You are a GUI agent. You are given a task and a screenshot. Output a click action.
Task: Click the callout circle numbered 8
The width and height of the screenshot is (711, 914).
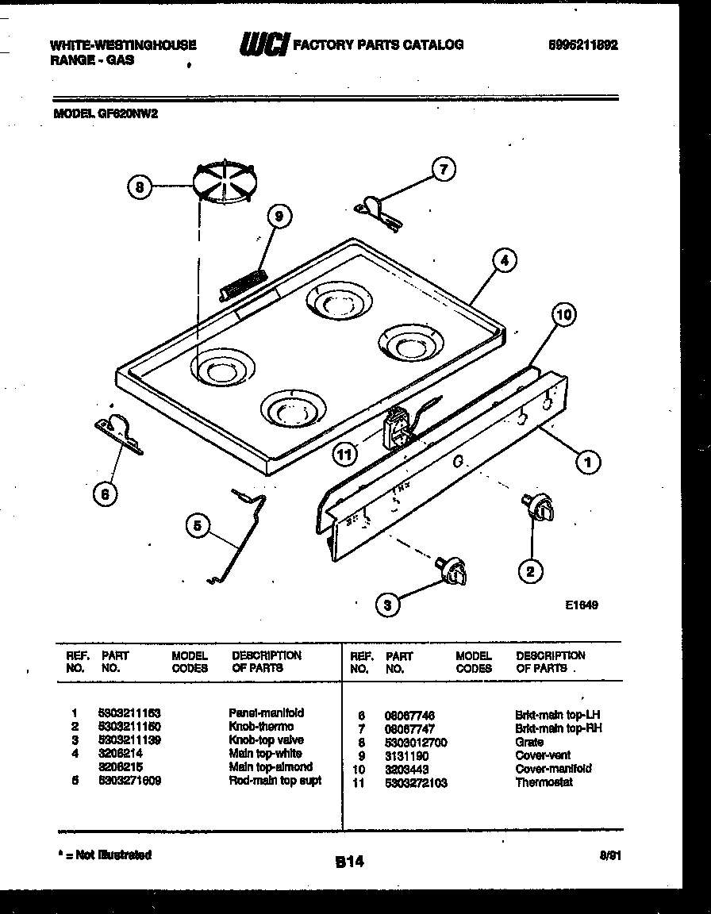pyautogui.click(x=140, y=188)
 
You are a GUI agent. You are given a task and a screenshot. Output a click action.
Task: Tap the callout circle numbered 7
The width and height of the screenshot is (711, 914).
pyautogui.click(x=444, y=168)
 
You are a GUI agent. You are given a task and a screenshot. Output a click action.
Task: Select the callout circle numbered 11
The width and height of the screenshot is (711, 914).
pyautogui.click(x=344, y=455)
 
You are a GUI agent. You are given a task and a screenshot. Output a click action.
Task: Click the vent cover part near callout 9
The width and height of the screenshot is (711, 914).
pyautogui.click(x=242, y=283)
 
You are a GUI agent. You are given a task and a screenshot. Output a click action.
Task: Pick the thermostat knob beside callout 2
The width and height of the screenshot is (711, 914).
pyautogui.click(x=536, y=508)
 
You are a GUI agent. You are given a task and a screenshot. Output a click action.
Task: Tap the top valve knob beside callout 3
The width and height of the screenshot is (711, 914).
pyautogui.click(x=452, y=571)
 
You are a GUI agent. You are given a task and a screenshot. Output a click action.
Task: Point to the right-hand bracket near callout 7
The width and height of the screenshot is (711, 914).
pyautogui.click(x=375, y=208)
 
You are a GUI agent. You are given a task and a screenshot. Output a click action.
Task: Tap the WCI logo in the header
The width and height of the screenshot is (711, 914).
pyautogui.click(x=263, y=45)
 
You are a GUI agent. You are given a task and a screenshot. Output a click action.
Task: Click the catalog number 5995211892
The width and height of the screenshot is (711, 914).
pyautogui.click(x=582, y=45)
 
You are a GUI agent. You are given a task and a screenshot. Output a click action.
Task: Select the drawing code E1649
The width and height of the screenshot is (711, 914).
pyautogui.click(x=582, y=604)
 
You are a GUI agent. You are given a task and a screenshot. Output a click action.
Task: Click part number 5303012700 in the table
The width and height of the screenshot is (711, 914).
pyautogui.click(x=416, y=742)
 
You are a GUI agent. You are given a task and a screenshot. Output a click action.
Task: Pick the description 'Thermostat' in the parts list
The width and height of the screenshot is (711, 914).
pyautogui.click(x=544, y=782)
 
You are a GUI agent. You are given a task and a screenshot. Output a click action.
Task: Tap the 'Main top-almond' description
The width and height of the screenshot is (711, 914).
pyautogui.click(x=271, y=767)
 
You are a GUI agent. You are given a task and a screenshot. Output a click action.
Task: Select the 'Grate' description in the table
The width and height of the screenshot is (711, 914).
pyautogui.click(x=529, y=742)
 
